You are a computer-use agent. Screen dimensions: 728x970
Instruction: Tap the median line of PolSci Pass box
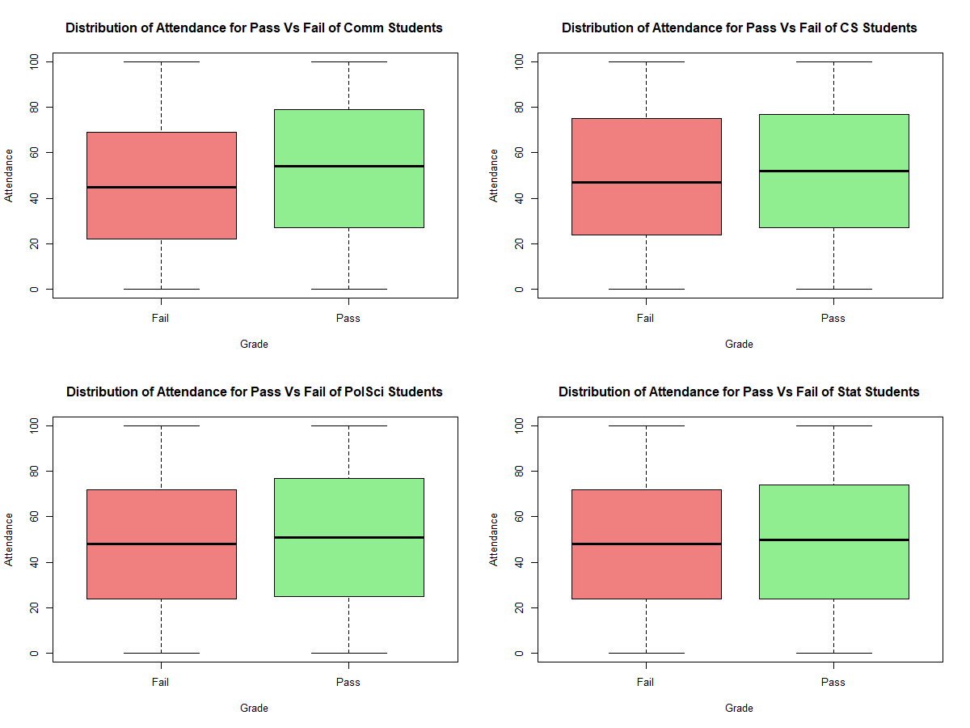(348, 537)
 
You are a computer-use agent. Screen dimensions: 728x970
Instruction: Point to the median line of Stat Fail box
(646, 544)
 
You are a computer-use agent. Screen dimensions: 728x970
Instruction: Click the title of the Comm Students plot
(254, 28)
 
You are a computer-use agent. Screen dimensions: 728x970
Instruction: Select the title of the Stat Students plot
(739, 392)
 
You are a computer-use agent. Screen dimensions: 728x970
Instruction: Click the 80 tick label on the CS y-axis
(517, 107)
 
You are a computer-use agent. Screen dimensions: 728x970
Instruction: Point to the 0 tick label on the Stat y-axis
(517, 653)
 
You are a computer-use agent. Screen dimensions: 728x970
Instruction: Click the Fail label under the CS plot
(646, 318)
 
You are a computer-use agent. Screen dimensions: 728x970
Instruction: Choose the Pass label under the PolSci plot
(348, 682)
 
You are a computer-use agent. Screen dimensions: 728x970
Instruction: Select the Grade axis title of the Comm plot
(254, 344)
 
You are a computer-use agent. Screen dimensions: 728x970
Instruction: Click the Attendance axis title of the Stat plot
(494, 539)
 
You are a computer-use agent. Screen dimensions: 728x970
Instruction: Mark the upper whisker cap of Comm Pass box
(348, 61)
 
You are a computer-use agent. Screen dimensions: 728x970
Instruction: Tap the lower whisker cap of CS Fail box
(646, 289)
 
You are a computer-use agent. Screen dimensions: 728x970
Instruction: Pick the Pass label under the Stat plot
(833, 682)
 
